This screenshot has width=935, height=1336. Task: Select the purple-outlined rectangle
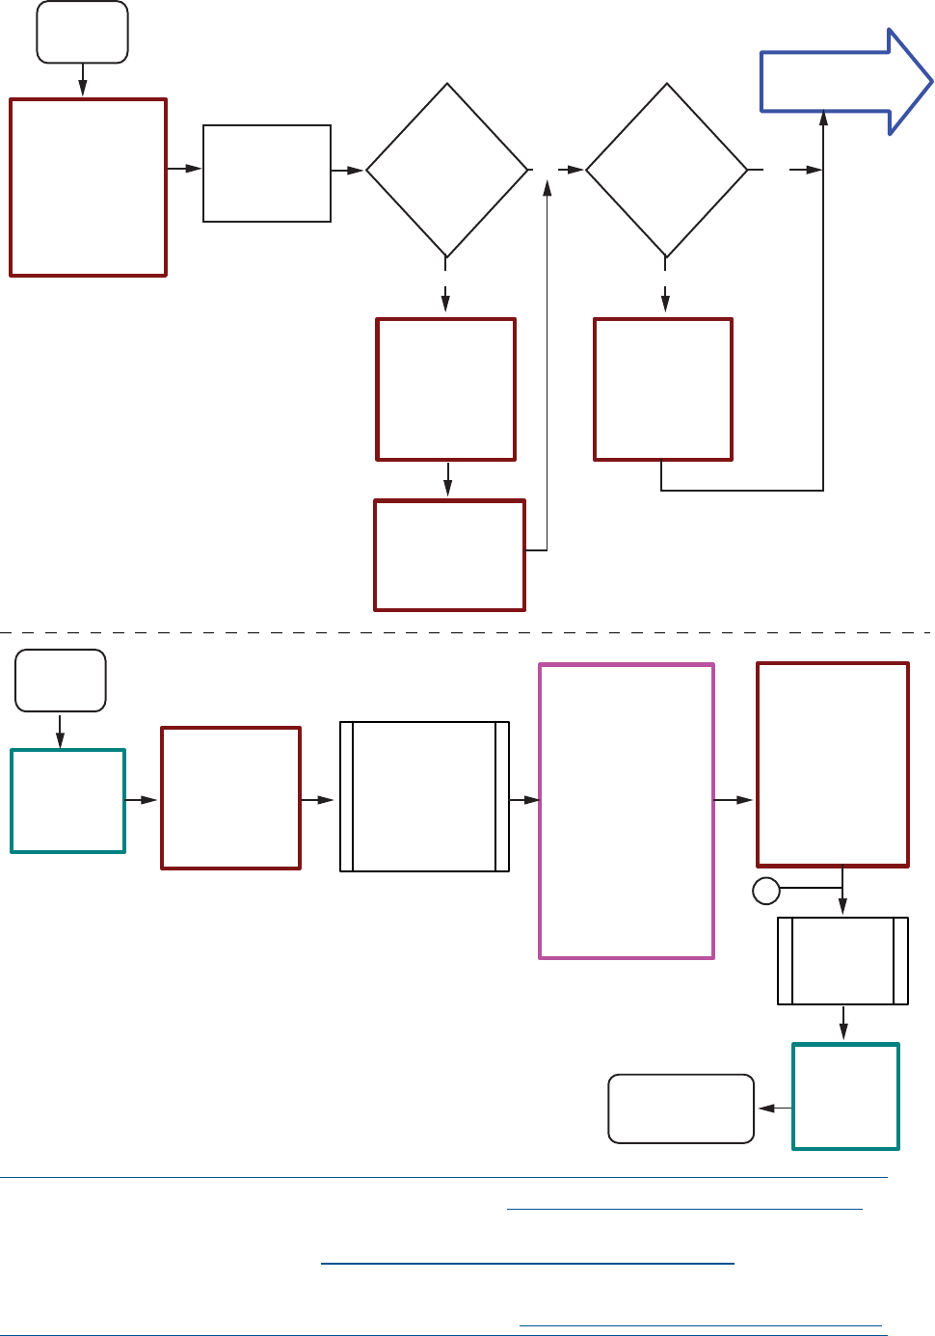point(627,811)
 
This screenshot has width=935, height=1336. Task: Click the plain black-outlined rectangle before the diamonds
point(267,174)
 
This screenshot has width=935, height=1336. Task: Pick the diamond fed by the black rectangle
point(447,171)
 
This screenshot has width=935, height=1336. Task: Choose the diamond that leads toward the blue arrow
point(666,171)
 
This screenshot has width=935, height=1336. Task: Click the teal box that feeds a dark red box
point(68,801)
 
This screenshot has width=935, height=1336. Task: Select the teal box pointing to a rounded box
point(845,1096)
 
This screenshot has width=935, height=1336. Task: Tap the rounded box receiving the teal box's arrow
point(681,1109)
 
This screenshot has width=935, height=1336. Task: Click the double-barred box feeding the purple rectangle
point(424,796)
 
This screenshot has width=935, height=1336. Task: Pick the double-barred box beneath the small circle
point(843,961)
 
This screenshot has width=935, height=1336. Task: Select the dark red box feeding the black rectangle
point(88,187)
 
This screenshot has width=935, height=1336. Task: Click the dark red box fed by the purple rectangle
point(833,764)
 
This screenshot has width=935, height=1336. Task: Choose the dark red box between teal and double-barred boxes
point(231,798)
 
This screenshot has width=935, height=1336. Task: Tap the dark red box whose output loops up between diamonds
point(449,554)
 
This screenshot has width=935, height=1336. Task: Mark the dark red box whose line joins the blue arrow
point(663,389)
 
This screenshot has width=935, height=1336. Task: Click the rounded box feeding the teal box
point(61,681)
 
